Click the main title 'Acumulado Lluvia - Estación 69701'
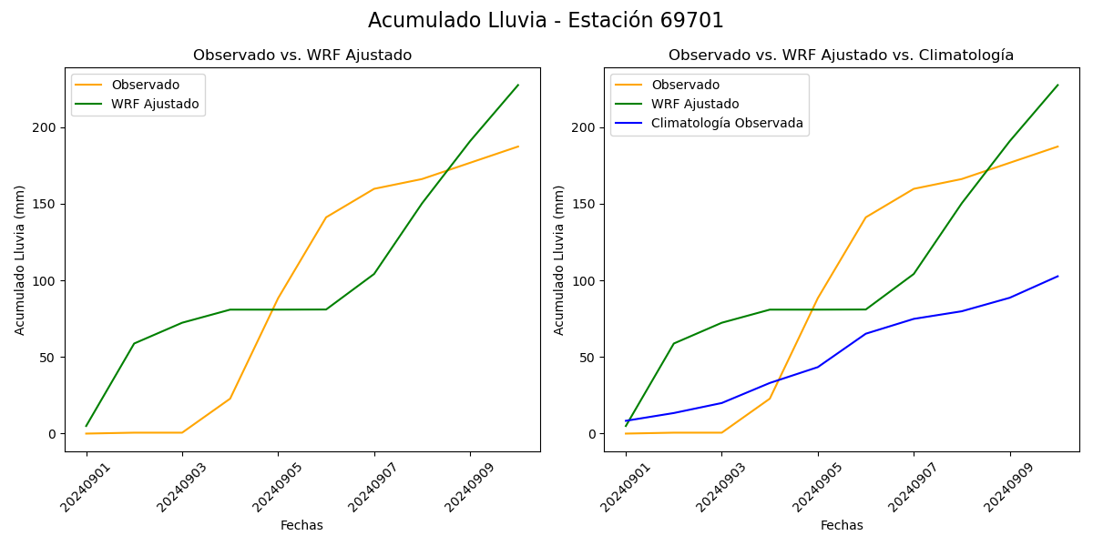tap(546, 21)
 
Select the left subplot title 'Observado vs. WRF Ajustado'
tap(302, 56)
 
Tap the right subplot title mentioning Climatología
tap(841, 56)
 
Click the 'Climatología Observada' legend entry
tap(727, 124)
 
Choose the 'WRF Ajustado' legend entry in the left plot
tap(155, 104)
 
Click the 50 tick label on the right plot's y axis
tap(587, 358)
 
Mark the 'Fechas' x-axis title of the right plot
tap(842, 525)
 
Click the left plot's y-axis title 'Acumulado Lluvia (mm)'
tap(20, 259)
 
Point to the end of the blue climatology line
tap(1057, 276)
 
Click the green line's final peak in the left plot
tap(518, 86)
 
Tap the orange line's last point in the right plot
tap(1057, 147)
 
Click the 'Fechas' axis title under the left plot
tap(301, 525)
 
